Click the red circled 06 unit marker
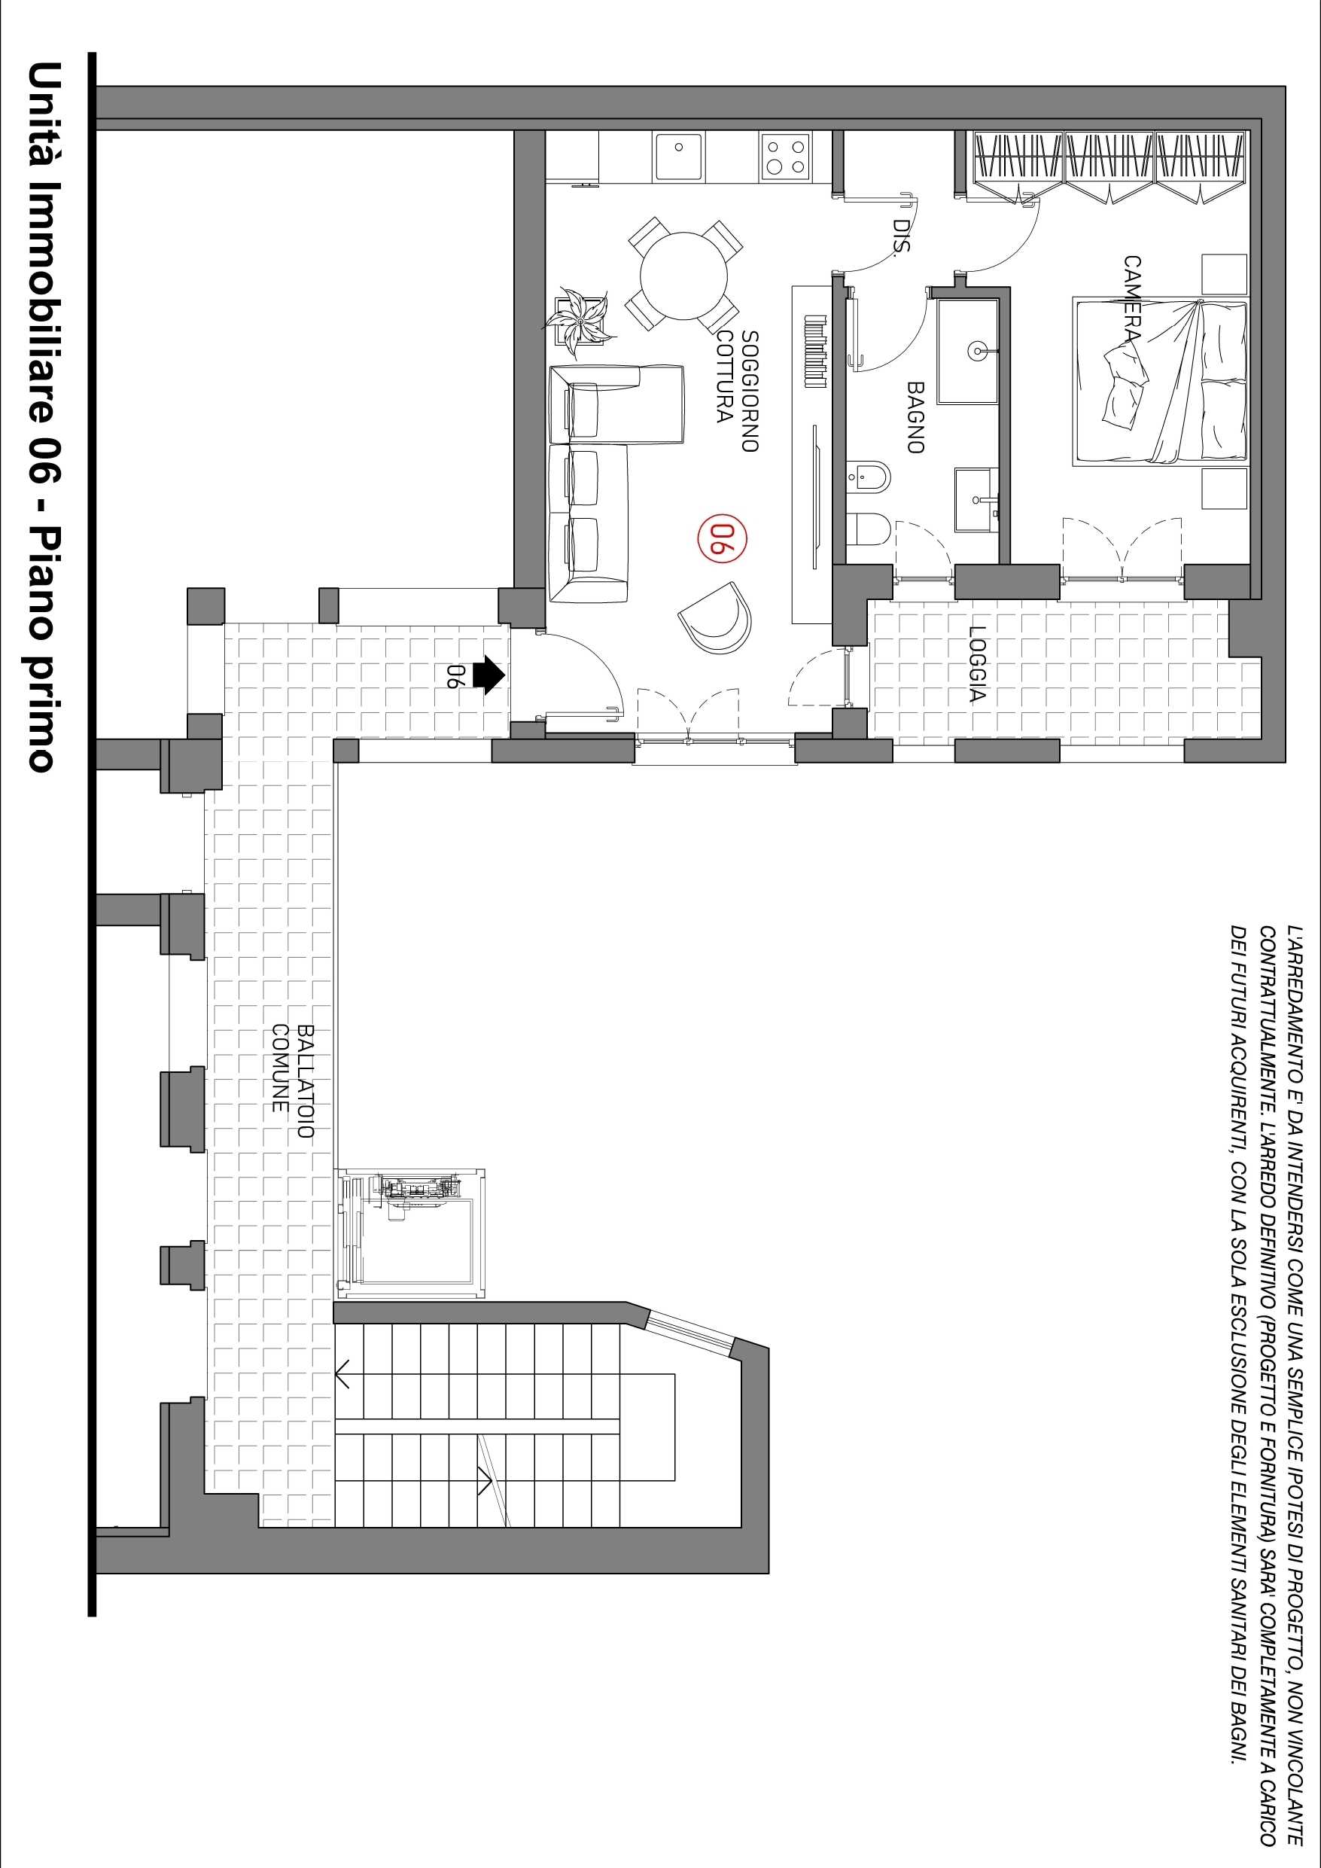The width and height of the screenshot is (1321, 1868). click(723, 538)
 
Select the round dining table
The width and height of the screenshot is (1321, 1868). click(684, 275)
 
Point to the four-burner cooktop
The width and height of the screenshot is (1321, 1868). click(787, 157)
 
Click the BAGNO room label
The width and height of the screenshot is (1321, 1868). click(915, 417)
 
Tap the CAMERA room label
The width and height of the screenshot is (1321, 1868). click(1131, 299)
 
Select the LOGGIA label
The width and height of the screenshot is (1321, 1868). click(978, 664)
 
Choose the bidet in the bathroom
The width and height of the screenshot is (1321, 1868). click(868, 476)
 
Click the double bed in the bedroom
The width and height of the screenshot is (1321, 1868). click(1160, 382)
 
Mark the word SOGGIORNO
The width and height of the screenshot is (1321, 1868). click(749, 391)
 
